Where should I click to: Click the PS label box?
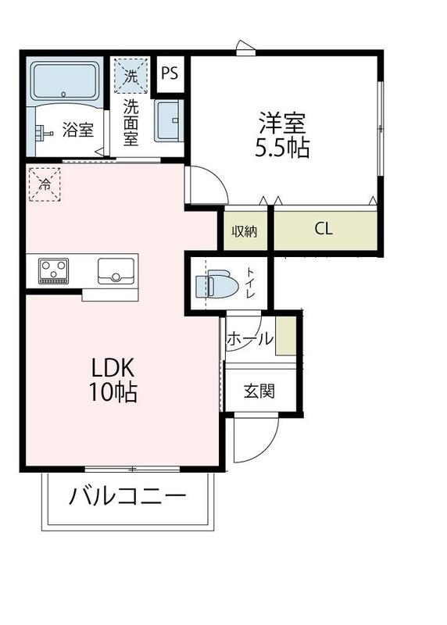(170, 73)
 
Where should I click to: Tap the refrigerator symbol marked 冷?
(45, 184)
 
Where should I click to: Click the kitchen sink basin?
(115, 271)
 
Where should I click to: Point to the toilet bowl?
(219, 286)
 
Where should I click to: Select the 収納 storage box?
(245, 231)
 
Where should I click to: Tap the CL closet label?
(324, 230)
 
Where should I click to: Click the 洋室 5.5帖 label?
(283, 135)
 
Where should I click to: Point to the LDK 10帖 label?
(114, 380)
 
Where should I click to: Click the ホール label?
(250, 339)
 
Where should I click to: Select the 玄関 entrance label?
(259, 391)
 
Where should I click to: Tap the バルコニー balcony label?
(127, 496)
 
